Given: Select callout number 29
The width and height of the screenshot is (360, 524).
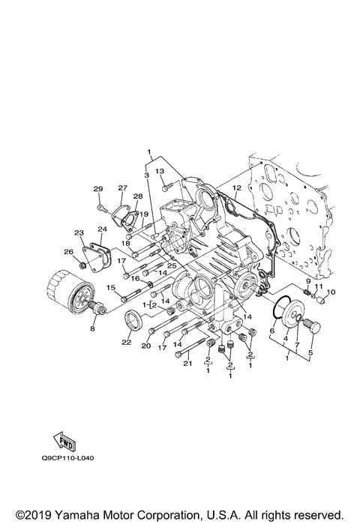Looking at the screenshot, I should tap(98, 188).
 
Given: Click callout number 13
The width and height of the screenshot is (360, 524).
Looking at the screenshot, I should tap(160, 172).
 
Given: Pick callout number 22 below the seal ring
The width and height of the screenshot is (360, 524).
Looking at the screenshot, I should tap(127, 343).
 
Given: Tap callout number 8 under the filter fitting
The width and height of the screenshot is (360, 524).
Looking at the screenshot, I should tap(94, 328).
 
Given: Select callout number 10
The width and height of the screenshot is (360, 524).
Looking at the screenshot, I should tap(331, 292).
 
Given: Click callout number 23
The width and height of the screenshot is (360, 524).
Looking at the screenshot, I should tap(79, 233).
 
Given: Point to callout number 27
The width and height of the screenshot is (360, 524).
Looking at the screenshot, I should tap(123, 188).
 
